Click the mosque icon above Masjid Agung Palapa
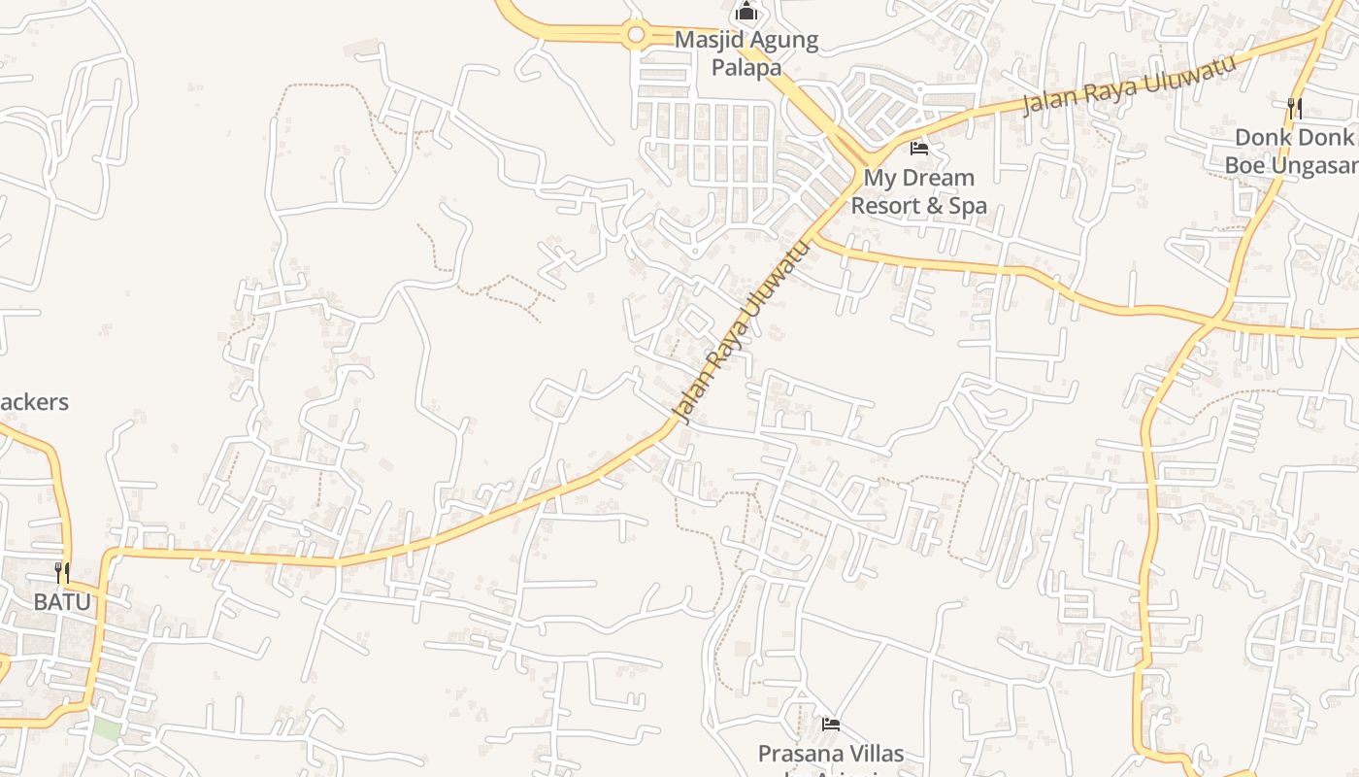point(746,12)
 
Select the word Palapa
point(746,67)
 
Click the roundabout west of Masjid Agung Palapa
point(636,36)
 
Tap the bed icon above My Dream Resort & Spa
point(918,149)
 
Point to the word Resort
point(885,206)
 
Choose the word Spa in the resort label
point(968,206)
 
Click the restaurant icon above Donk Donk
point(1294,107)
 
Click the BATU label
point(62,601)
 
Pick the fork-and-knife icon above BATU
point(62,572)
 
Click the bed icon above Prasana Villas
point(830,724)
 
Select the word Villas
point(873,754)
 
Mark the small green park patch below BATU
point(107,728)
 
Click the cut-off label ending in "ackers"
point(34,401)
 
